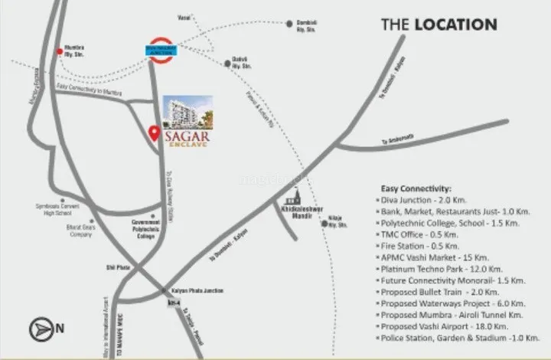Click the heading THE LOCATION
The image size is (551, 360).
coord(439,25)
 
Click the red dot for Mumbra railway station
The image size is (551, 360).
coord(60,51)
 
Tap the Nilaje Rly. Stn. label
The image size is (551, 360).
coord(337,224)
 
